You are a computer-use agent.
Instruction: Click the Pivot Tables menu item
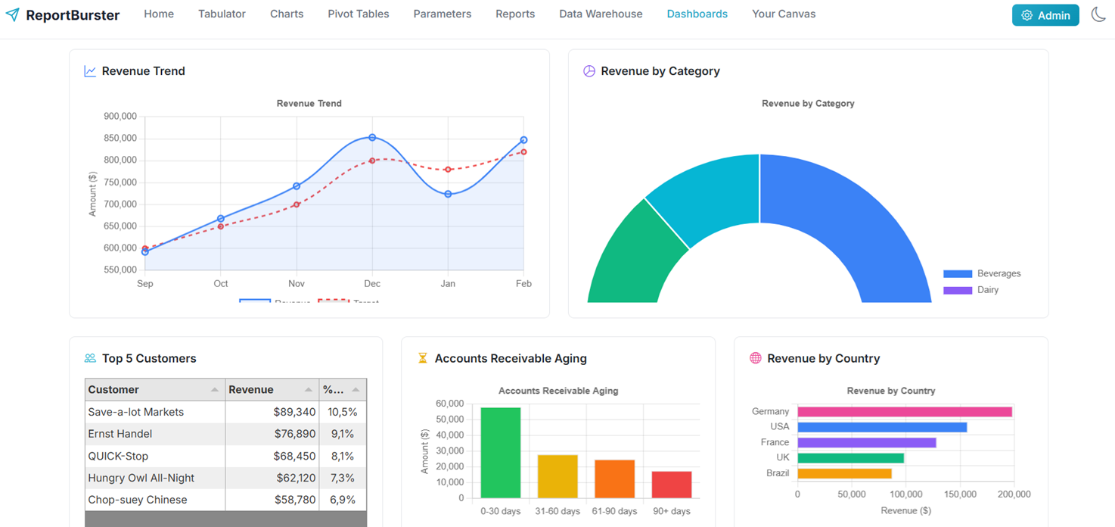358,14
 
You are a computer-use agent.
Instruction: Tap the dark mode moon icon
1098,14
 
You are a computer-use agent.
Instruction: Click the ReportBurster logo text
73,15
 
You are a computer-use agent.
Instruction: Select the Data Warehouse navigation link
601,14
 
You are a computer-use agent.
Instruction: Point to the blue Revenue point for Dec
372,138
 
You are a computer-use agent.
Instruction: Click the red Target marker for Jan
449,170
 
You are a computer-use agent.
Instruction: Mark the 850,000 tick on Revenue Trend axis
120,138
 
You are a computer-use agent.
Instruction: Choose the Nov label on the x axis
297,284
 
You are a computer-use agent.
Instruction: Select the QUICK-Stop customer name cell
119,456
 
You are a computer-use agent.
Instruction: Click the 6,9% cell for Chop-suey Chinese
342,500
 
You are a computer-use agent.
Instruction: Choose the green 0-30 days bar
501,453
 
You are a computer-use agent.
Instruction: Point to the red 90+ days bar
672,485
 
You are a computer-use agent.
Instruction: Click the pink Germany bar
904,412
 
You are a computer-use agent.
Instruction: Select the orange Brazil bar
844,473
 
